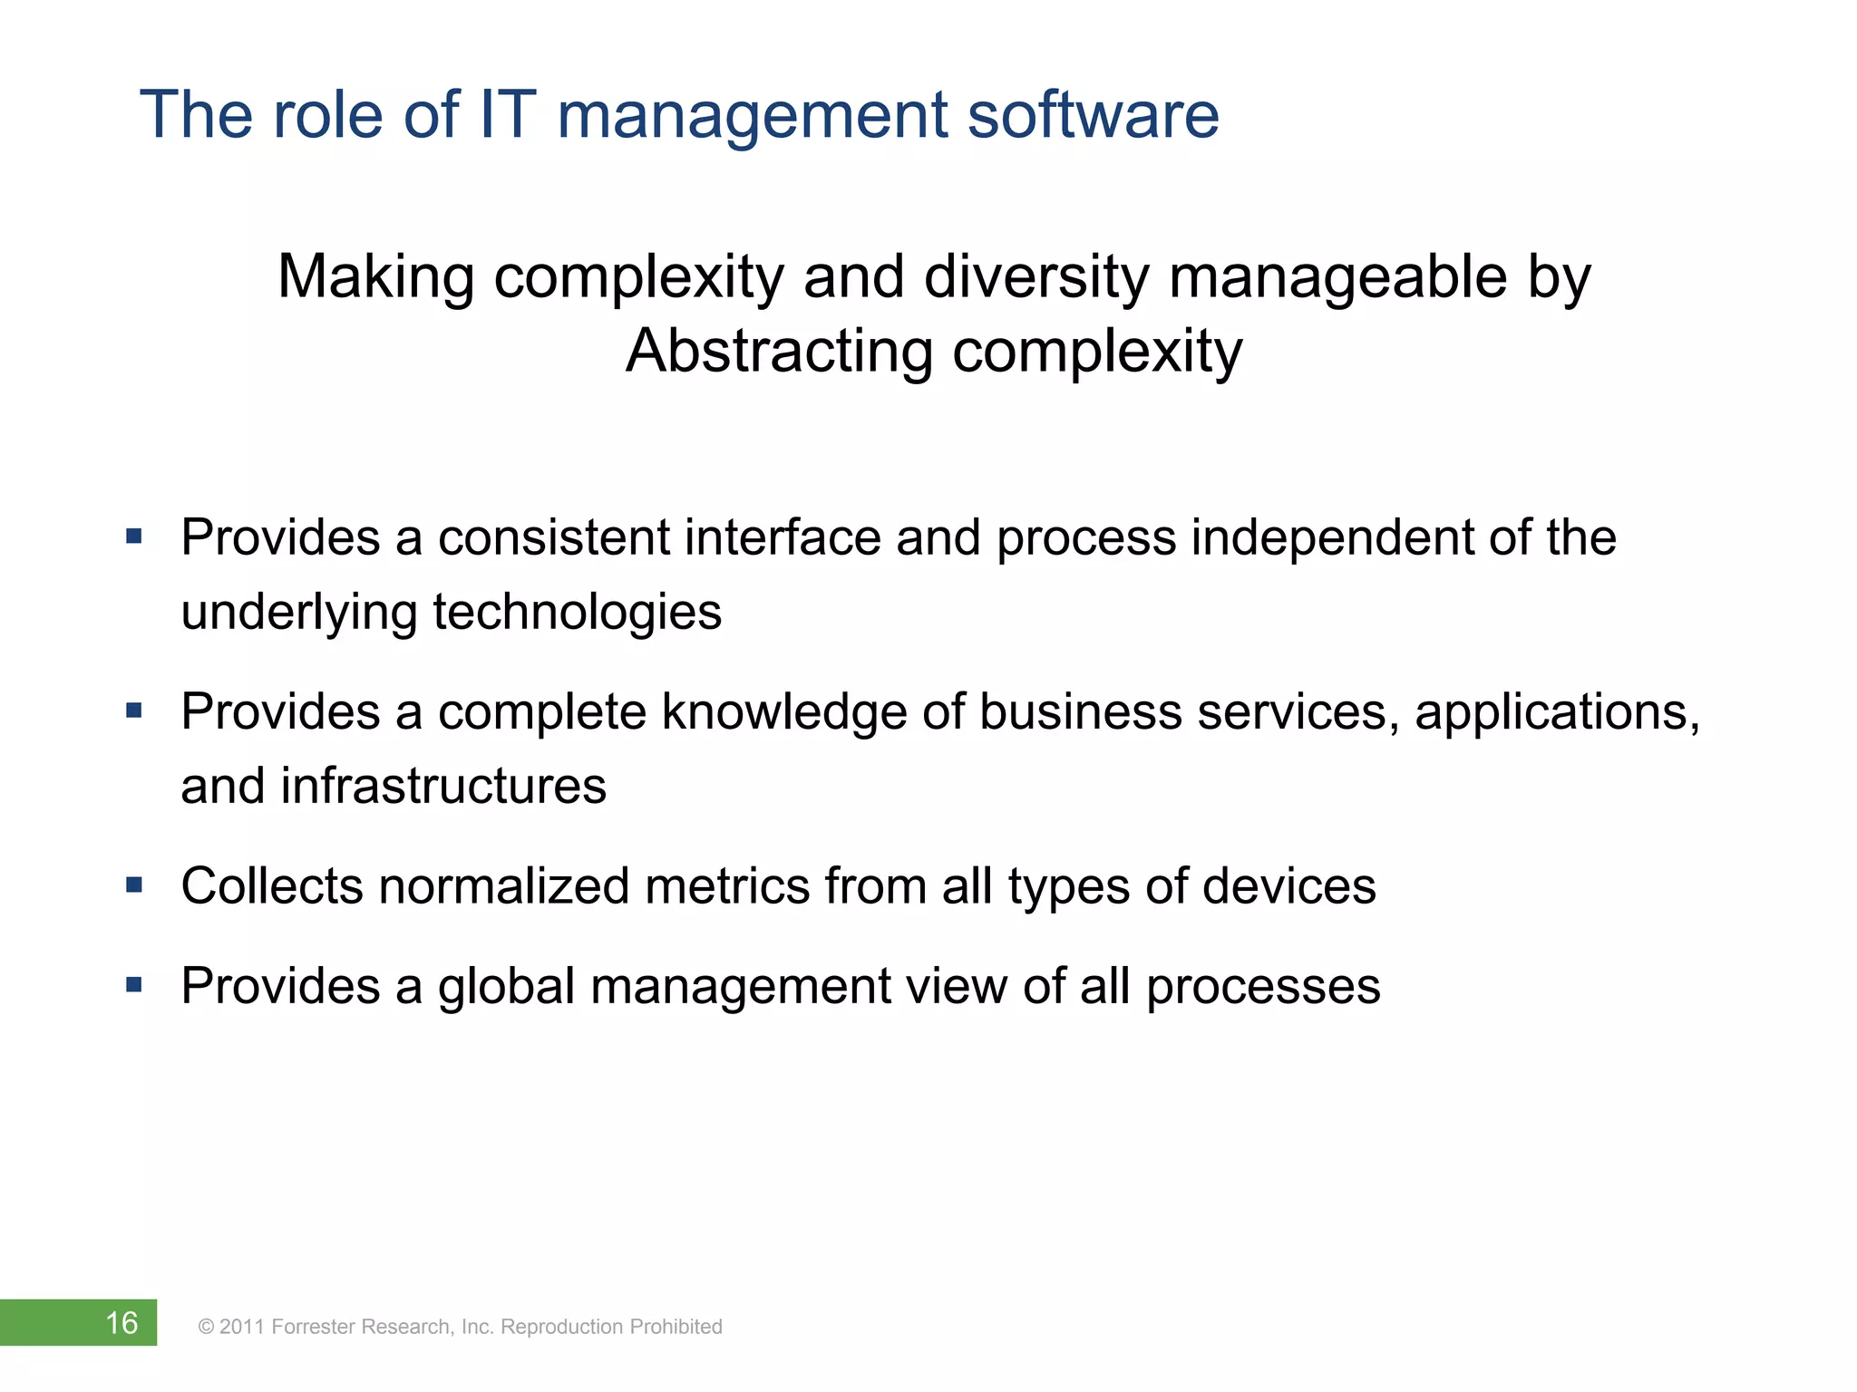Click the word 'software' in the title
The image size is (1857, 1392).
pos(1093,115)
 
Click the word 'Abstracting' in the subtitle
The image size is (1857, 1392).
pos(779,352)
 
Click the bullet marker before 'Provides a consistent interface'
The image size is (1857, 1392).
pos(134,536)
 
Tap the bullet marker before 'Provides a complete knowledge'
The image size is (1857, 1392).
pos(134,710)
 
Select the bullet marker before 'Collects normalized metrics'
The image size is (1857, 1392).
pos(134,884)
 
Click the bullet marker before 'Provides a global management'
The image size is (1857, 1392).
pos(134,984)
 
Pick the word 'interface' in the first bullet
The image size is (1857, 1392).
pos(783,537)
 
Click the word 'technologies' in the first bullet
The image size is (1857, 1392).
pos(578,613)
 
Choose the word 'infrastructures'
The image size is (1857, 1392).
pos(443,786)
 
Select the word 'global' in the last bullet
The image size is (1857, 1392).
pos(507,986)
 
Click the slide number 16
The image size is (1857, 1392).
pos(122,1323)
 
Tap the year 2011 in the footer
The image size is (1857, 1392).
pos(241,1327)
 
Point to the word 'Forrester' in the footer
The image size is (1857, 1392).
pos(314,1327)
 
